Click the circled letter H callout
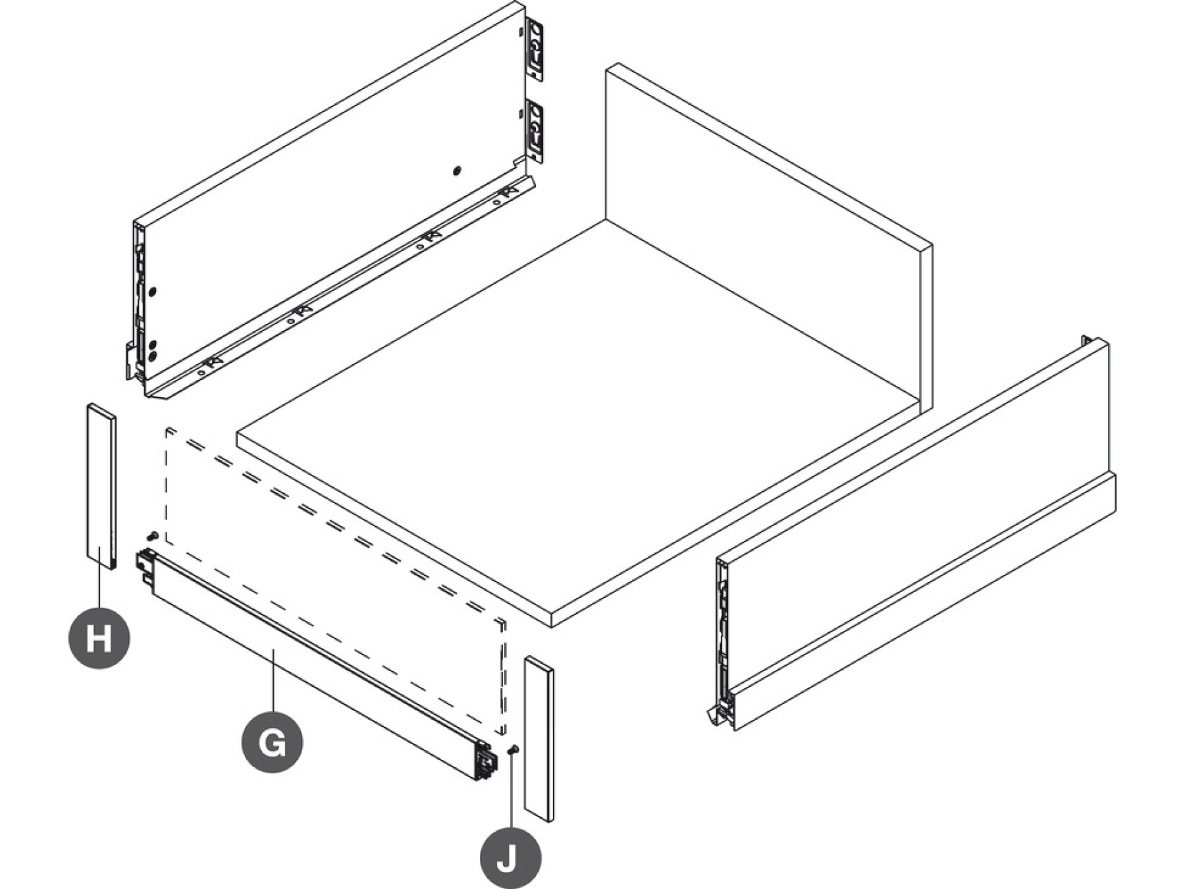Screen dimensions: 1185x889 99,638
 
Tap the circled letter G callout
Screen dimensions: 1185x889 273,742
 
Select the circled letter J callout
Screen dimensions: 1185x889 510,857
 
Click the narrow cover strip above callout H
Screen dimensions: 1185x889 102,486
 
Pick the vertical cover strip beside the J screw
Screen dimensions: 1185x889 539,738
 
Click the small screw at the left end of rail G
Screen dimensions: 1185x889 153,535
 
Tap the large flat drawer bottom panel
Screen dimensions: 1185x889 578,421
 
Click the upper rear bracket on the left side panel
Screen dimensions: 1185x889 537,51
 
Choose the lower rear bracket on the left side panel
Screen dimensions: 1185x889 537,132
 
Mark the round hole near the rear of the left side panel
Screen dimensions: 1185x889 457,171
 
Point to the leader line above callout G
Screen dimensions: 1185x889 273,680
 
